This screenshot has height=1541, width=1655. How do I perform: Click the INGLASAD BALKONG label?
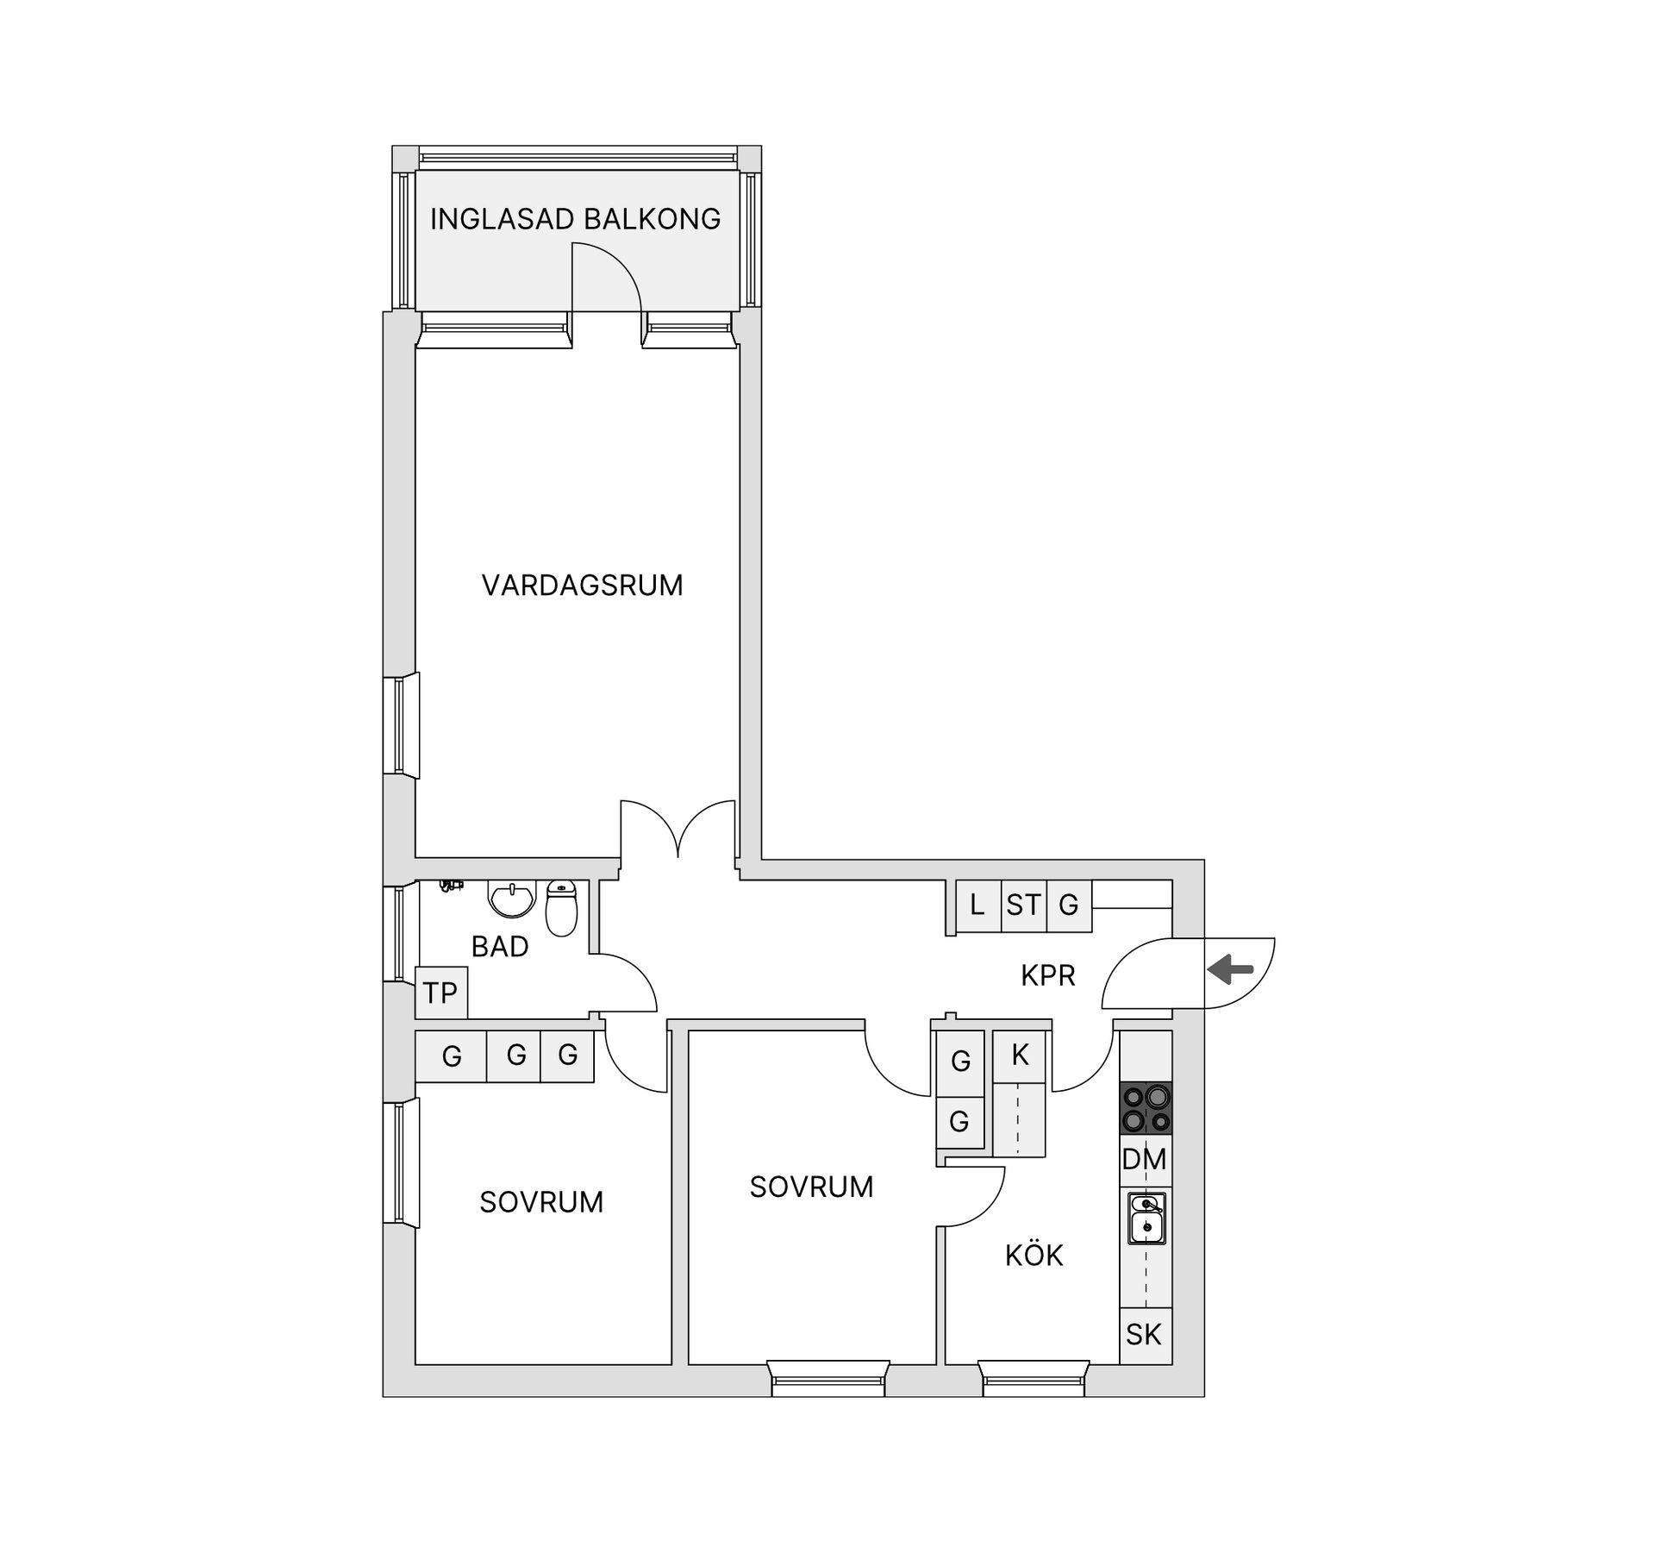coord(575,219)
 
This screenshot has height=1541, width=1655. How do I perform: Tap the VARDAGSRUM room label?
coord(582,586)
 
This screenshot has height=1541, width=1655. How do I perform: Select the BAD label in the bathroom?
coord(499,947)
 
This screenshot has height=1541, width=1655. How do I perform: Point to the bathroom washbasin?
coord(512,899)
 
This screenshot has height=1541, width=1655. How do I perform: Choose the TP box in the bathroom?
coord(440,993)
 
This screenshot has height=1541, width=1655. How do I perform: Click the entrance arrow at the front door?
coord(1230,970)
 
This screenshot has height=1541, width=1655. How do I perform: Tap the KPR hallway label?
coord(1047,975)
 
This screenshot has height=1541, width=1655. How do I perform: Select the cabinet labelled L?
coord(977,905)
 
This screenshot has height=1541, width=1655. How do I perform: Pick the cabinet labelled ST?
coord(1023,905)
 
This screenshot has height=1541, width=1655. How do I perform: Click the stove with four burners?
coord(1145,1108)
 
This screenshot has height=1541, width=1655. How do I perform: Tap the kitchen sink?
coord(1146,1218)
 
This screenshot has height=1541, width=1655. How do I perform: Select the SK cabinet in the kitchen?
coord(1145,1335)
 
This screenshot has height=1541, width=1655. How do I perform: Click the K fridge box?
coord(1020,1056)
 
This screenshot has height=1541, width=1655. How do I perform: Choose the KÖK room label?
coord(1034,1256)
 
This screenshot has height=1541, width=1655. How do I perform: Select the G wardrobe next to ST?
coord(1069,905)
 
